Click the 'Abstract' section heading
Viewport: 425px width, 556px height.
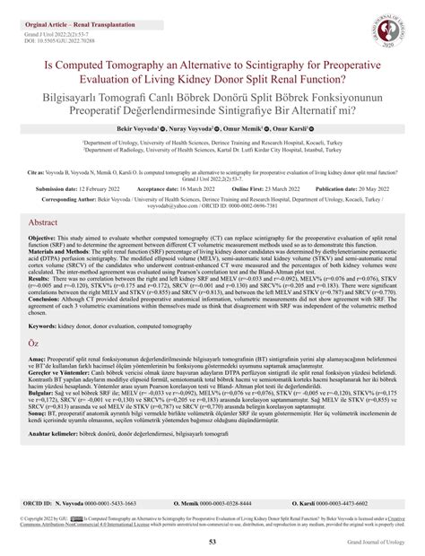50,245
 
